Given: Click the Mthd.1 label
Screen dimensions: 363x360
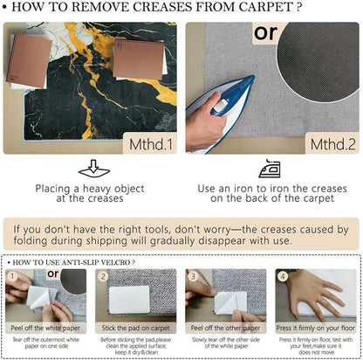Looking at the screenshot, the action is [x=151, y=144].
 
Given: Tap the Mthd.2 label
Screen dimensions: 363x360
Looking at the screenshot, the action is [x=332, y=144].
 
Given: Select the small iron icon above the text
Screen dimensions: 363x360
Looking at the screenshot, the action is [x=270, y=169].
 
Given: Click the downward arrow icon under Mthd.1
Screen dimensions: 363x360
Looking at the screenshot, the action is [x=94, y=169].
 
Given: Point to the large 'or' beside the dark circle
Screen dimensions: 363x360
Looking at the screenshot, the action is [x=265, y=32].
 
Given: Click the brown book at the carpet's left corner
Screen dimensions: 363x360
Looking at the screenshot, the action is [x=29, y=60].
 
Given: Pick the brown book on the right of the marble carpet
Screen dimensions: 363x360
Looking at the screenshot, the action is [x=139, y=59].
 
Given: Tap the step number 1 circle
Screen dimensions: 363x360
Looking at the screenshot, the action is [x=12, y=276].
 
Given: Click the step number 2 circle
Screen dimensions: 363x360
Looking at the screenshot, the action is [x=103, y=276].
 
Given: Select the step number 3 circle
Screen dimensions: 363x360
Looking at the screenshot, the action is [x=193, y=276].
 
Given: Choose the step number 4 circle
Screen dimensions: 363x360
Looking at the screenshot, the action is [x=283, y=276].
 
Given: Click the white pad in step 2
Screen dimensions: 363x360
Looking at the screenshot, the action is [x=129, y=300].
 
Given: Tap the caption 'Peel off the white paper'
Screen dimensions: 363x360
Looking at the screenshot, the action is [x=45, y=328].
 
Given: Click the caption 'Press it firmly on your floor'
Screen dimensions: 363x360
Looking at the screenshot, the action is [x=316, y=328].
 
